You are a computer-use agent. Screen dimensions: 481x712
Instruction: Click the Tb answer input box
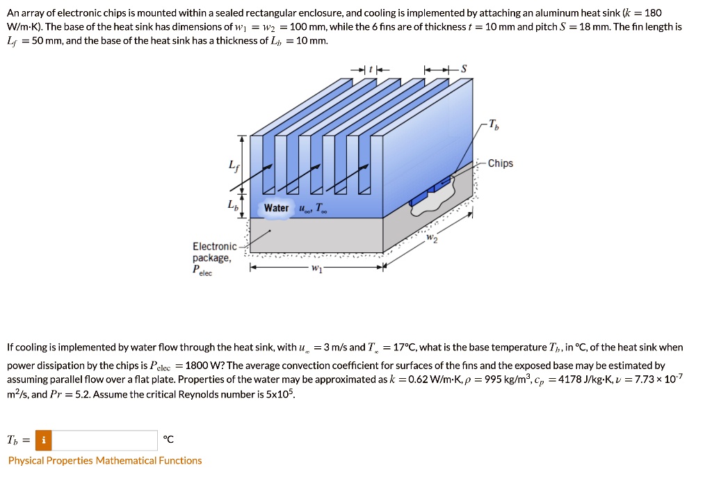[x=104, y=441]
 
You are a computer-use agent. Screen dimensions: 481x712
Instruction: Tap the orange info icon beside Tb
[x=43, y=441]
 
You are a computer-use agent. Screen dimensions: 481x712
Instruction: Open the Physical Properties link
[x=51, y=460]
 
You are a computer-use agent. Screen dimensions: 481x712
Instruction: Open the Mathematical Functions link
[x=149, y=460]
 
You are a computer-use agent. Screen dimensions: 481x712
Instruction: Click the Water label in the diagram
[x=276, y=208]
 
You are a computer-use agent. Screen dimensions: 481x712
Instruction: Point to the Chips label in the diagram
[x=500, y=163]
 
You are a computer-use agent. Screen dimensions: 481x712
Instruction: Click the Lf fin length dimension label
[x=232, y=165]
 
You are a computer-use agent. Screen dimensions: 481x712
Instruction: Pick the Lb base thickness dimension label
[x=232, y=205]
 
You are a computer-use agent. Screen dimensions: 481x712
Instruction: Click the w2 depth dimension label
[x=432, y=239]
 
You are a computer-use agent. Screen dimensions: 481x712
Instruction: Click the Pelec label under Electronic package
[x=202, y=270]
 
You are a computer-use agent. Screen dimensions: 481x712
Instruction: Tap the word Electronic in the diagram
[x=215, y=247]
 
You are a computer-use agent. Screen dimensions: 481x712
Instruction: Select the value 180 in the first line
[x=653, y=13]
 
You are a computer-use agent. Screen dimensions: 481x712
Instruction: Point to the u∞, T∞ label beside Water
[x=311, y=208]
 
